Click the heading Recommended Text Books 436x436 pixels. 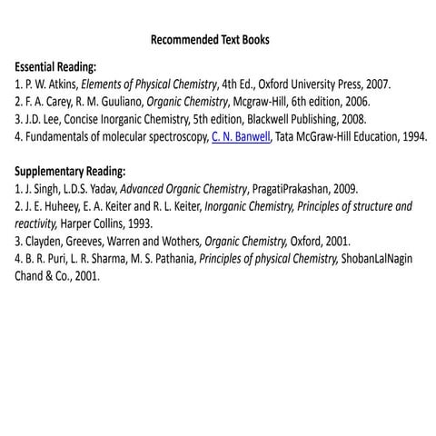[x=210, y=40]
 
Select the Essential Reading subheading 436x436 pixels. [x=56, y=67]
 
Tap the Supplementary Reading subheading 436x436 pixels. [x=70, y=172]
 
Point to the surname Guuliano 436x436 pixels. [x=118, y=102]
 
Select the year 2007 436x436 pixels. [x=377, y=84]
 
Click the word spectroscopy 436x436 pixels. [x=173, y=136]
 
